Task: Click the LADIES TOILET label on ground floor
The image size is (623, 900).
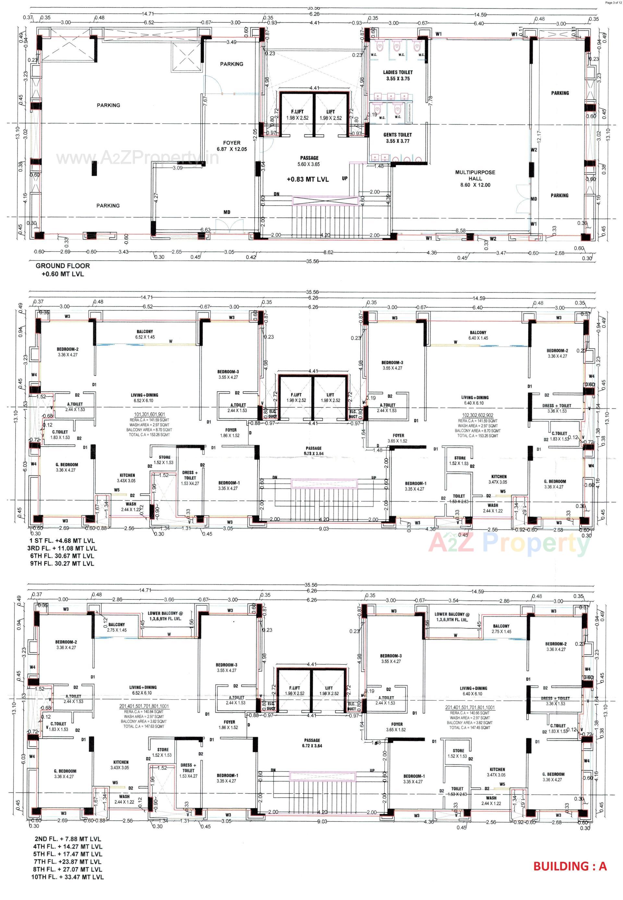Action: point(397,72)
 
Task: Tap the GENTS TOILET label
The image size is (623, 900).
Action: point(397,135)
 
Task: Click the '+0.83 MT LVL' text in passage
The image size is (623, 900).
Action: point(308,179)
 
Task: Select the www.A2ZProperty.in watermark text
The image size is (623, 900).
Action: point(137,158)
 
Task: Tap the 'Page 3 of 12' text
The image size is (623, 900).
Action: point(613,2)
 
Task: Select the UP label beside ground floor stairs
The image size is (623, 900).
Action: point(345,178)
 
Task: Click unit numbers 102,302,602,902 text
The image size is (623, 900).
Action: point(478,415)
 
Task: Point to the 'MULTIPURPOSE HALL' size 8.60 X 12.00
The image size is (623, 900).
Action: point(475,185)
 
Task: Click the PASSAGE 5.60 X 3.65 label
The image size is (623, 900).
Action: point(310,158)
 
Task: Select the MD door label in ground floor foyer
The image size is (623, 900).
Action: point(227,212)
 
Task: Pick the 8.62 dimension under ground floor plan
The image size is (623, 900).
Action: point(328,253)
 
